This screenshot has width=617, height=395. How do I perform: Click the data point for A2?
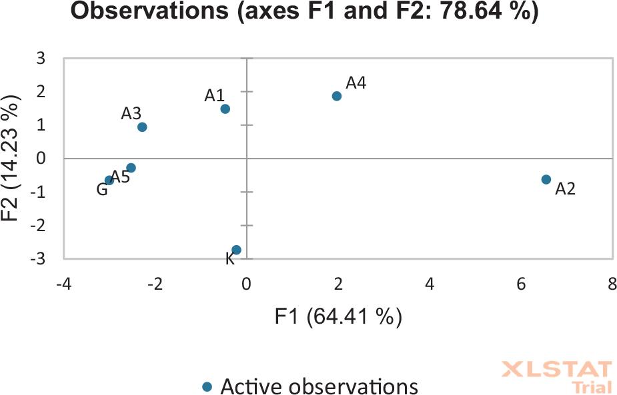coord(546,179)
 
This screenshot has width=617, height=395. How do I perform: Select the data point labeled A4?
coord(337,96)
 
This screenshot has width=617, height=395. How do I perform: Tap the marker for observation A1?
coord(225,109)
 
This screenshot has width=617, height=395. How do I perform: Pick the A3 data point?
coord(142,127)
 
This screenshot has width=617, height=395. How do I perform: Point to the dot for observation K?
coord(236,250)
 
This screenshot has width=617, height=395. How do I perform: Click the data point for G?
coord(109,180)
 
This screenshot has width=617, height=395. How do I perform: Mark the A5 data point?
coord(131,168)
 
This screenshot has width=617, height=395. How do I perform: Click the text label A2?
coord(565,189)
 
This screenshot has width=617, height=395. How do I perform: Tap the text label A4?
coord(356,83)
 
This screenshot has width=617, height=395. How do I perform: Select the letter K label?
coord(230,260)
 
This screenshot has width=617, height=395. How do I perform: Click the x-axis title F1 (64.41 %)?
coord(338,316)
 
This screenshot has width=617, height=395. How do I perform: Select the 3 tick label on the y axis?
coord(41,59)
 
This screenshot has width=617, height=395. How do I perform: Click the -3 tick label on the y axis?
coord(37,258)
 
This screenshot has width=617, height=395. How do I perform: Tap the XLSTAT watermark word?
coord(556,370)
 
